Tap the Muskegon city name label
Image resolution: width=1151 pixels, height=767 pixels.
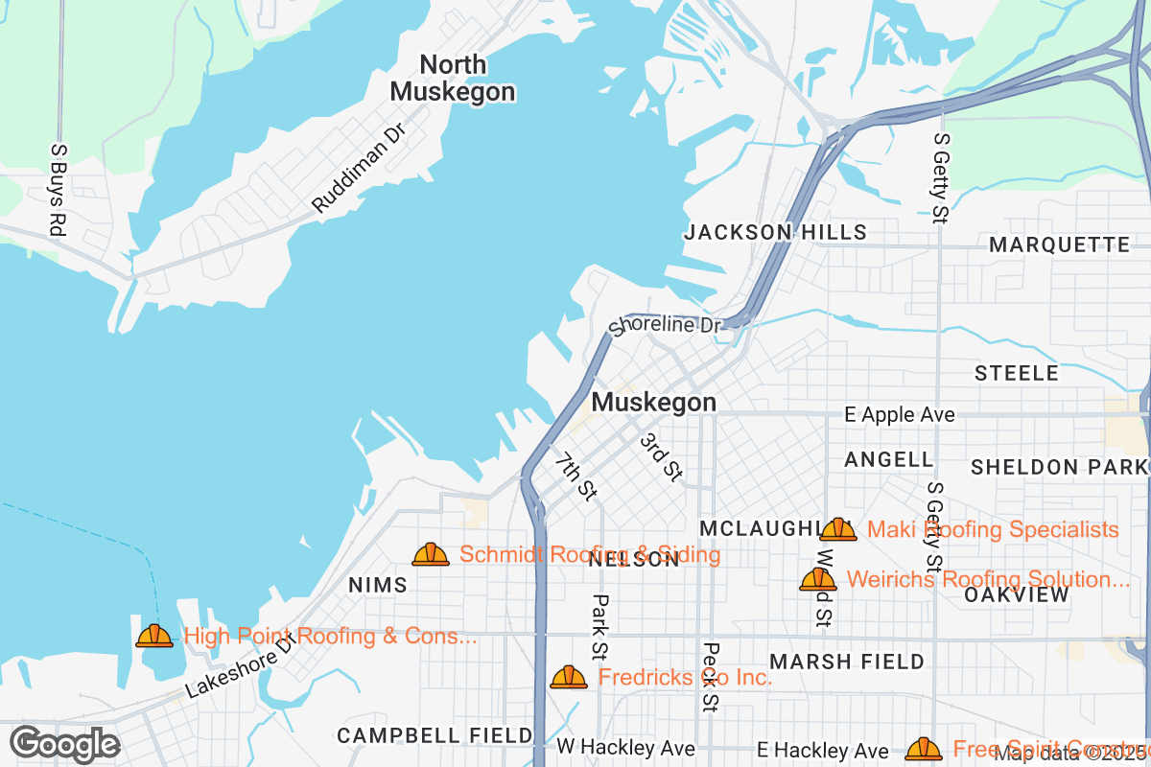(653, 403)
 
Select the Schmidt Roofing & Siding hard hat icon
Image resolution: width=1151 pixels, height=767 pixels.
(431, 554)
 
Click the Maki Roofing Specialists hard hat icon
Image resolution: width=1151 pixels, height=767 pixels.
(838, 529)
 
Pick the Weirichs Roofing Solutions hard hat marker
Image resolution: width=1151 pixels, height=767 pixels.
(818, 579)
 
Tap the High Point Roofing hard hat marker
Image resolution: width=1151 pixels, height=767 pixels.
(154, 636)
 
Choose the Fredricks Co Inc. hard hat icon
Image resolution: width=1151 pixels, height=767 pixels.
(569, 678)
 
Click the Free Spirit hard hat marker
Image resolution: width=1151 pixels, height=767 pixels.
(924, 749)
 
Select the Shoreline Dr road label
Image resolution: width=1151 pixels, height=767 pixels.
(665, 325)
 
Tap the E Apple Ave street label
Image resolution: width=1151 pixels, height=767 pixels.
(899, 415)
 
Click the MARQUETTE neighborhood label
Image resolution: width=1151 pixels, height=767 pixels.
(1060, 245)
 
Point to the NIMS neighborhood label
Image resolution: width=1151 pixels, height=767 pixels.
(378, 585)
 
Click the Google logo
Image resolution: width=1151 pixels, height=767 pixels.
(65, 744)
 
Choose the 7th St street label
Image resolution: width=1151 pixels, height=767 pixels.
(575, 476)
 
